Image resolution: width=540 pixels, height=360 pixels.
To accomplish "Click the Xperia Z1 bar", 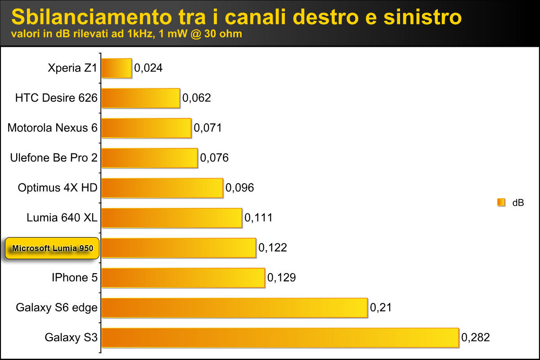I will click(117, 68).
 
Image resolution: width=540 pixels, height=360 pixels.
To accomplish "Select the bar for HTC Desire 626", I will click(141, 98).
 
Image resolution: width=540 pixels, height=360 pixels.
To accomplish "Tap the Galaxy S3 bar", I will click(280, 337).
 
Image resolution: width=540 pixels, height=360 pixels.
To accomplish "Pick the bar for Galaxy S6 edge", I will click(234, 307).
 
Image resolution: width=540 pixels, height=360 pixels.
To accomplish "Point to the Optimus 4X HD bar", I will click(162, 188).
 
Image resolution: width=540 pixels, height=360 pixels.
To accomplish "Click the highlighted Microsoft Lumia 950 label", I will click(52, 248).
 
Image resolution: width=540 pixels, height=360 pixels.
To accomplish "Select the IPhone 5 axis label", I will click(74, 278).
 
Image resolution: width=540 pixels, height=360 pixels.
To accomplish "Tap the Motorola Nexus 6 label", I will click(52, 128).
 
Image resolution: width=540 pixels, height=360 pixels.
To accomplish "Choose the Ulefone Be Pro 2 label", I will click(54, 158).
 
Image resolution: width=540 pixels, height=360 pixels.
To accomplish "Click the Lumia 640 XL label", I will click(62, 218).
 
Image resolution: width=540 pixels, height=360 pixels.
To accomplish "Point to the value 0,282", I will click(476, 337).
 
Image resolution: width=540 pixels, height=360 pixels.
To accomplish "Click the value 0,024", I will click(148, 68).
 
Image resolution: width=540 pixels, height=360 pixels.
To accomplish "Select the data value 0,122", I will click(273, 247).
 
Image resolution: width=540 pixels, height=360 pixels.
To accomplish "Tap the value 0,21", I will click(381, 307).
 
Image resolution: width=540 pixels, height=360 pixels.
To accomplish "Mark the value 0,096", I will click(239, 188).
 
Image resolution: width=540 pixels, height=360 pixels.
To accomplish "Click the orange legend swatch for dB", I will click(501, 202).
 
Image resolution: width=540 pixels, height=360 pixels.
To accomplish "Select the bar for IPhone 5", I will click(183, 278).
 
